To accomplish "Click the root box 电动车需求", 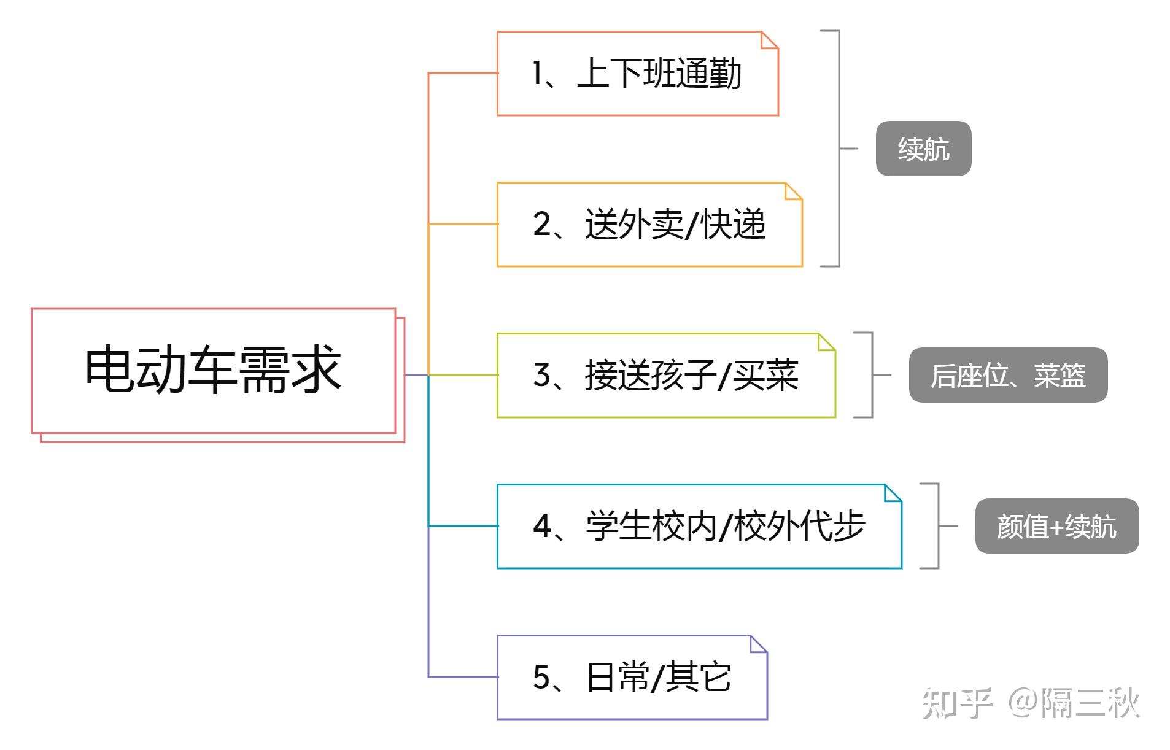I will (213, 370).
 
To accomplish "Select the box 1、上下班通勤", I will (637, 74).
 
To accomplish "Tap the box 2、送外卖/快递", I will (649, 225).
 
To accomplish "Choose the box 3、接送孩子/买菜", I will (665, 376).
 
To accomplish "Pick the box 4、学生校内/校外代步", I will (699, 527).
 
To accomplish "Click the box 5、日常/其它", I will (632, 678).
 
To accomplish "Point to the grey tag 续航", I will (923, 149).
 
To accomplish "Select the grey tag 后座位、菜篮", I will (1008, 375).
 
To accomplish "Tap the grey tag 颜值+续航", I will (1056, 526).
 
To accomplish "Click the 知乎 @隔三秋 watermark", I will (1031, 703).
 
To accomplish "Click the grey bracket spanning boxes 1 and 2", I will (839, 149).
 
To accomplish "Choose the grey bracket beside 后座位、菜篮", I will (872, 375).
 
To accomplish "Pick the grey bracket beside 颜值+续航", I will (938, 526).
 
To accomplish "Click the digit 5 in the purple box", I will (541, 678).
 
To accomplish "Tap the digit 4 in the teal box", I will (542, 527).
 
